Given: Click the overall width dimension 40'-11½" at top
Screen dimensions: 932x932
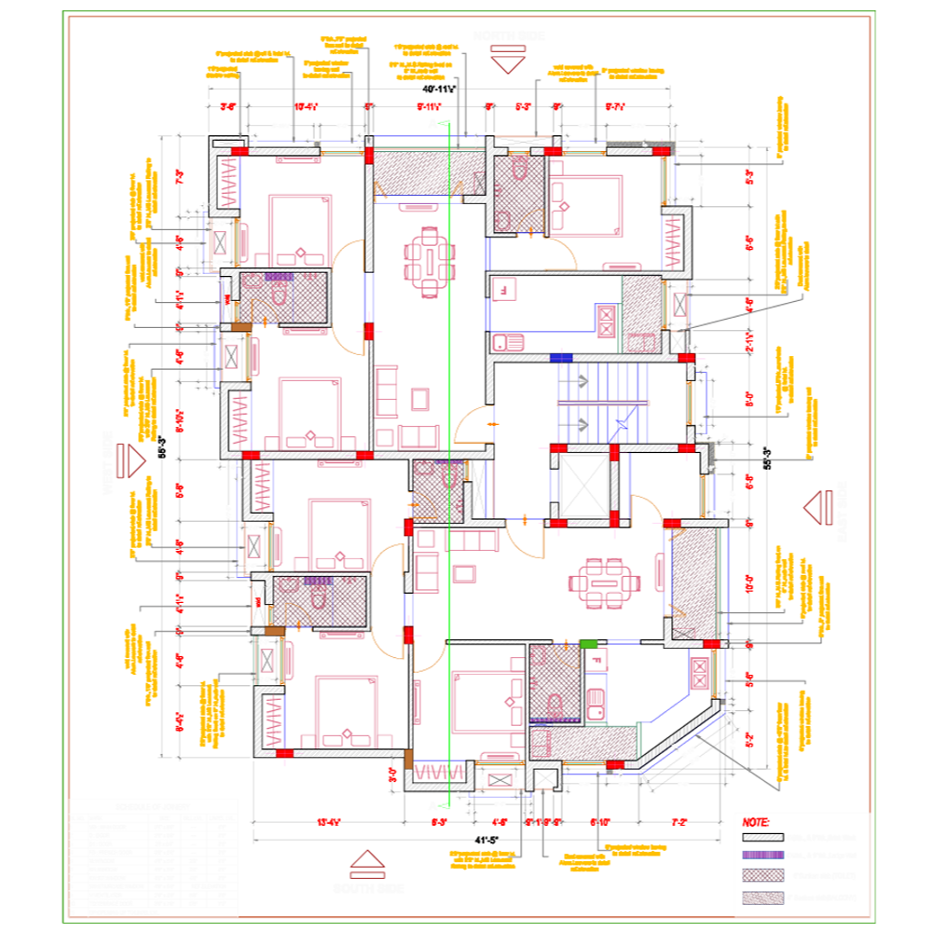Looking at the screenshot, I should (x=438, y=89).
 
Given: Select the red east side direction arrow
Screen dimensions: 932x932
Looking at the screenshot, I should (x=818, y=508).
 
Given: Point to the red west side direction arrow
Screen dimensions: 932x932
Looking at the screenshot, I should (x=131, y=459).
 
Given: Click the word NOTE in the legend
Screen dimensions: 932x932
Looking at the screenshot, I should (x=756, y=823).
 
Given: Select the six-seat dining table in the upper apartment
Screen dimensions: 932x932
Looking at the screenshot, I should (x=429, y=261).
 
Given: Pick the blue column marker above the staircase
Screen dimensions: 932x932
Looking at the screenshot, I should (x=561, y=357).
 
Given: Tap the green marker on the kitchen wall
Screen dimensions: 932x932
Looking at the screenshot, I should (x=589, y=643).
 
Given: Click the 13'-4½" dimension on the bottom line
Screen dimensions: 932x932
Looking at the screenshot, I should (x=328, y=823).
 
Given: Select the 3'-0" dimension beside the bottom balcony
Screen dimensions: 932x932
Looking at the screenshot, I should (x=392, y=773).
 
